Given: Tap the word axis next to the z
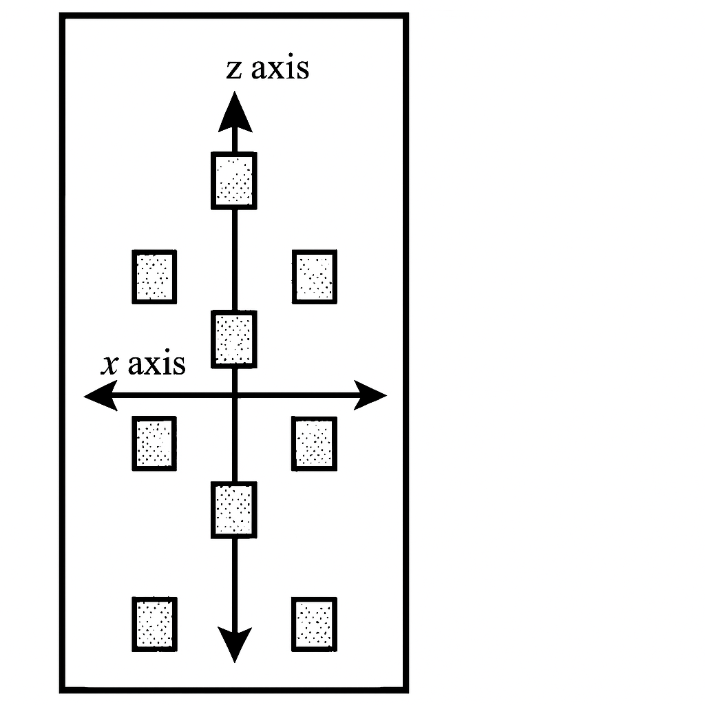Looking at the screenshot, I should [x=280, y=68].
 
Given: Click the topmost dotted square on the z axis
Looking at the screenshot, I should [x=234, y=180].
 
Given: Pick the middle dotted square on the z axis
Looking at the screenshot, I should [x=235, y=339].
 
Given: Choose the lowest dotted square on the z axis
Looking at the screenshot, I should [x=234, y=509].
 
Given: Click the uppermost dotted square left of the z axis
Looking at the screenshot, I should [x=154, y=277].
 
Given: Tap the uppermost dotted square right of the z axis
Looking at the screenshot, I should [x=315, y=277].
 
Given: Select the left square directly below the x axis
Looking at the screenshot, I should [x=154, y=443].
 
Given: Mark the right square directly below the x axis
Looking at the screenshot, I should [x=315, y=443].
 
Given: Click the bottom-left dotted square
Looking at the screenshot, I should [x=154, y=624].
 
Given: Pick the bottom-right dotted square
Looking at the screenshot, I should [x=315, y=624].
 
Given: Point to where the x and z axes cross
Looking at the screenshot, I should [x=235, y=396].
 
